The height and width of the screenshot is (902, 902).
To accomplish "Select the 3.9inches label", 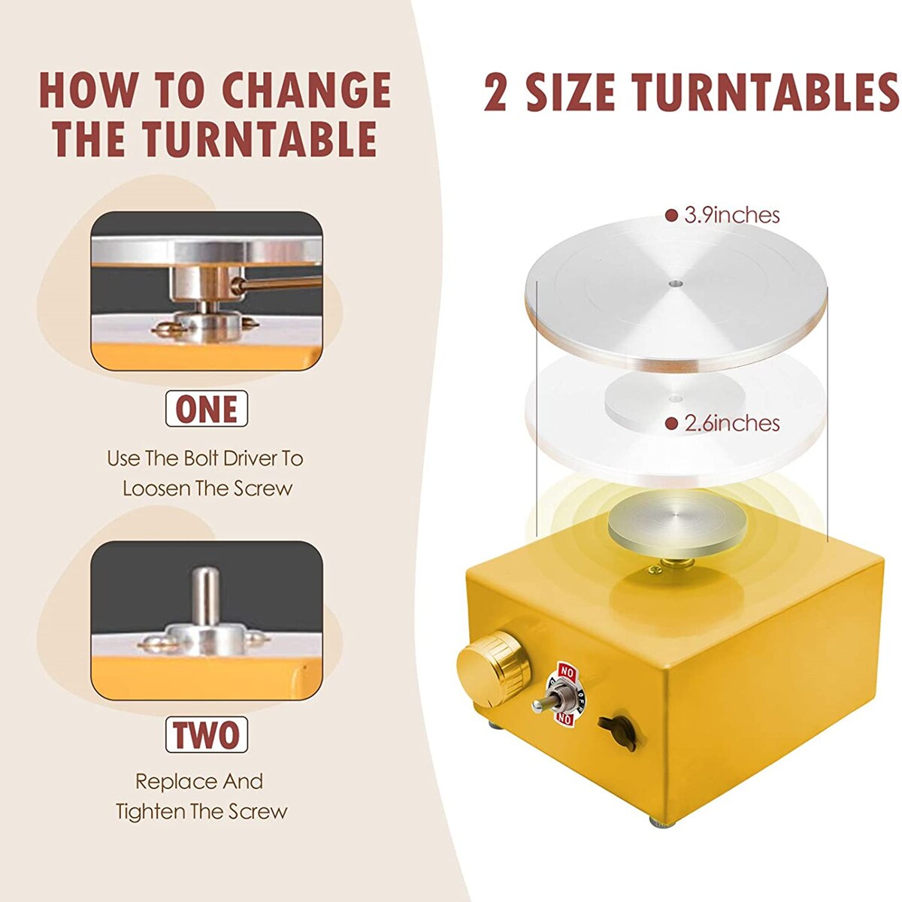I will pyautogui.click(x=731, y=216).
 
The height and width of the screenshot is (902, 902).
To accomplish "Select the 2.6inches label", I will pyautogui.click(x=731, y=424).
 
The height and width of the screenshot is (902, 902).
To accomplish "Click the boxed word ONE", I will pyautogui.click(x=207, y=409).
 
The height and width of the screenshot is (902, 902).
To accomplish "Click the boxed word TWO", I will pyautogui.click(x=207, y=735).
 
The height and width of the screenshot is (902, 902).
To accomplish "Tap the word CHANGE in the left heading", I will pyautogui.click(x=307, y=91).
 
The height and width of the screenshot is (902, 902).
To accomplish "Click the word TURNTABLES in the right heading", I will pyautogui.click(x=765, y=92).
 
